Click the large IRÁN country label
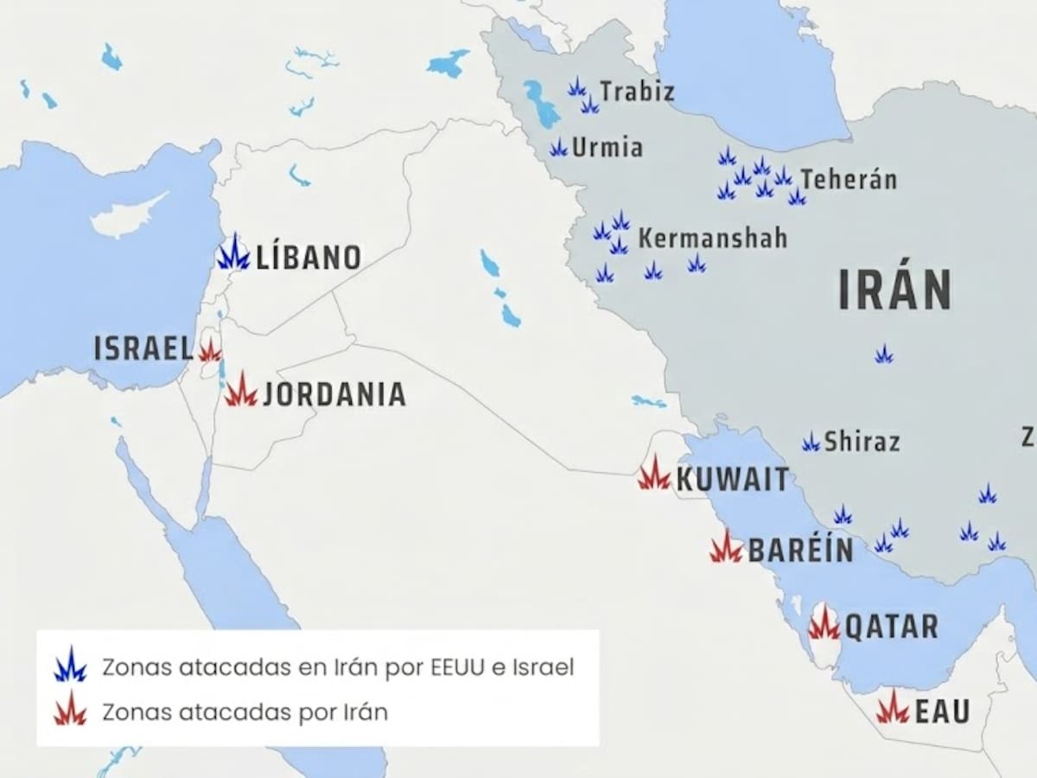click(x=894, y=290)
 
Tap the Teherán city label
click(x=848, y=180)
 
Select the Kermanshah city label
click(x=712, y=239)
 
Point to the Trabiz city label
click(x=637, y=92)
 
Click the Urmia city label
click(x=608, y=148)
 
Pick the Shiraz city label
click(x=862, y=442)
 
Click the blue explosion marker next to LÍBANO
click(x=233, y=253)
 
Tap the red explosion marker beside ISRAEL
click(x=209, y=350)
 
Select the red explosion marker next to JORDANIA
click(x=241, y=391)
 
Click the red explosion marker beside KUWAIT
click(x=654, y=475)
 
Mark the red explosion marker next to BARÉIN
click(x=726, y=548)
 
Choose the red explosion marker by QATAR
click(x=824, y=624)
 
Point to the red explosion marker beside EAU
click(x=893, y=709)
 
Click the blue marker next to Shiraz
click(x=811, y=443)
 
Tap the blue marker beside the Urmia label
click(x=559, y=149)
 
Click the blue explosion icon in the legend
click(x=70, y=666)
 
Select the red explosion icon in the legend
click(x=70, y=711)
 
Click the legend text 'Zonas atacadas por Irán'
click(x=245, y=712)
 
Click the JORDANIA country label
click(x=334, y=394)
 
